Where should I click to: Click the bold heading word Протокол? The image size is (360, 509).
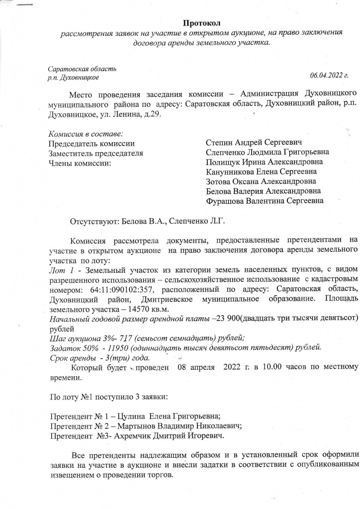tap(201, 23)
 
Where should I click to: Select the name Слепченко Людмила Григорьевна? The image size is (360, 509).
tap(267, 153)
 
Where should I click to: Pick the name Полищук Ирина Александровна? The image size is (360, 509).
tap(264, 163)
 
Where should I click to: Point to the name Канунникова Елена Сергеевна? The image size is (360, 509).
tap(261, 172)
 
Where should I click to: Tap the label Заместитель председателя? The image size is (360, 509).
tap(95, 153)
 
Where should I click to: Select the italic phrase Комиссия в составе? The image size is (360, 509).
tap(85, 134)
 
